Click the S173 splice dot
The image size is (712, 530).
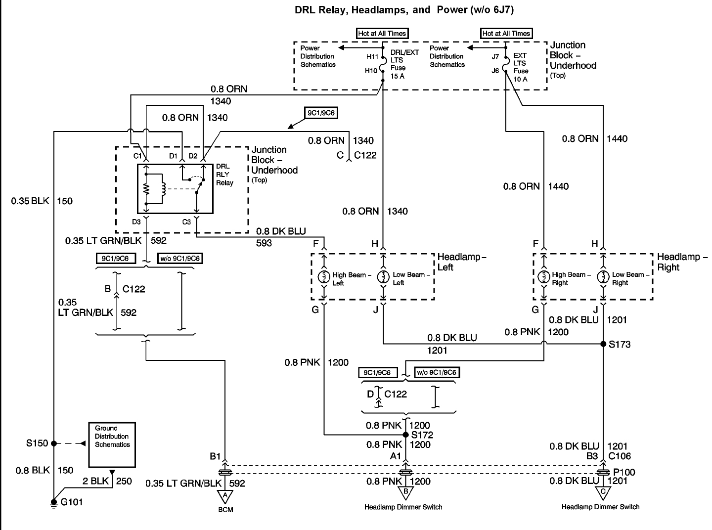point(603,344)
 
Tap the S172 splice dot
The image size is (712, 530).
point(406,435)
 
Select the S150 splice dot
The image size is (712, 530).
point(54,443)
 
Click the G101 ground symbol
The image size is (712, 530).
point(54,503)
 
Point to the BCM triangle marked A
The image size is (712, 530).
point(225,496)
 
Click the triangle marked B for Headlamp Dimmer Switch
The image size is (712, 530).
point(406,493)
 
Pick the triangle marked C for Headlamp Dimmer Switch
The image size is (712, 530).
point(603,493)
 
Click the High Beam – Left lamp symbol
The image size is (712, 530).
point(324,276)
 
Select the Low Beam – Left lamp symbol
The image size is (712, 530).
point(383,276)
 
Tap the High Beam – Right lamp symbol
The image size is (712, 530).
point(544,276)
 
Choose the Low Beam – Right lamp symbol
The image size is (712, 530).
point(603,276)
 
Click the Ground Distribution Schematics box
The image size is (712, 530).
point(112,445)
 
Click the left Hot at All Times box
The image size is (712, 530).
point(382,34)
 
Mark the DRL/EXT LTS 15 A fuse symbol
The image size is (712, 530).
point(383,64)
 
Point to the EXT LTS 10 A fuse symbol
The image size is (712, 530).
point(506,64)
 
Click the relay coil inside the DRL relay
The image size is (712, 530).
point(163,189)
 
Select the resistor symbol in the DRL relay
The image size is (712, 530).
point(146,189)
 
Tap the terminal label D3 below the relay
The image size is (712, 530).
point(136,222)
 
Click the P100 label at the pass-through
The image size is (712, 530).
point(624,472)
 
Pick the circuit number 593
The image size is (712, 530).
point(264,243)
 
